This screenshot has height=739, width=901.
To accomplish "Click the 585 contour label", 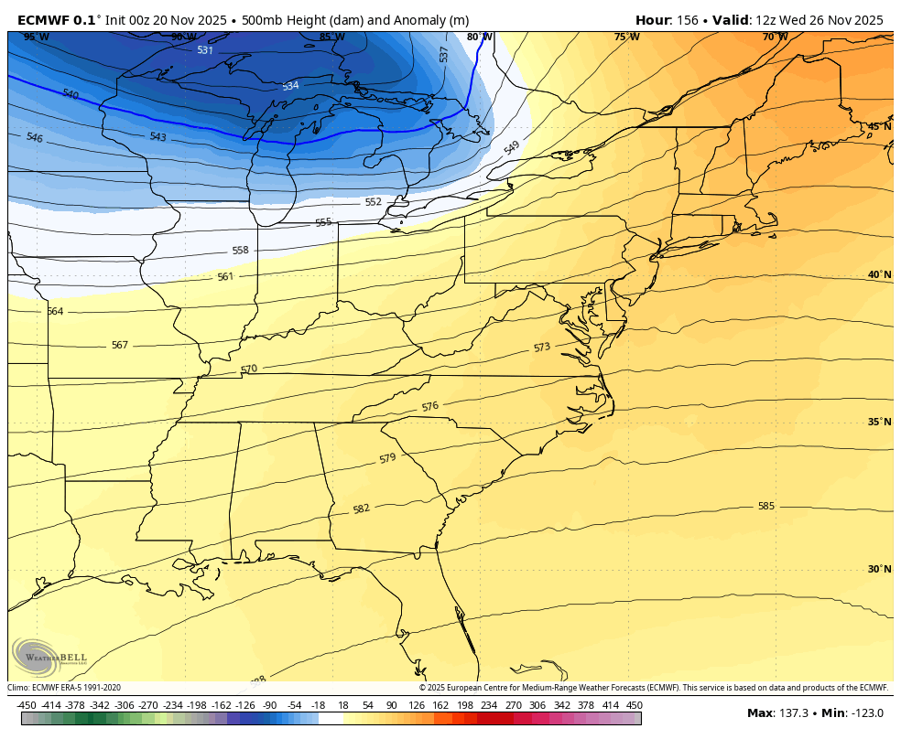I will (x=765, y=506).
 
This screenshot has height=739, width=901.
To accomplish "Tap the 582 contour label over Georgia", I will (x=361, y=509).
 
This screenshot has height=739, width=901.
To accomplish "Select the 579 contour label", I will (x=387, y=457).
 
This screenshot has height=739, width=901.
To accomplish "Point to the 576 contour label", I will (x=430, y=406).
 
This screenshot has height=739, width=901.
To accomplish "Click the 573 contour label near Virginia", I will (x=542, y=348).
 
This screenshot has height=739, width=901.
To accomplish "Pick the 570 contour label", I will (x=249, y=369).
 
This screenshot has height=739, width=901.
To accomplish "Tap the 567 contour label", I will (x=120, y=345).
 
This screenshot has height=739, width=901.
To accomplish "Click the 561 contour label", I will (x=225, y=276).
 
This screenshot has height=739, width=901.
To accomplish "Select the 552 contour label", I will (x=373, y=202).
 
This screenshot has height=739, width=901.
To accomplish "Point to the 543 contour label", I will (x=157, y=136).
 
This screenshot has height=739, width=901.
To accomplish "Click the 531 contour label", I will (x=205, y=50).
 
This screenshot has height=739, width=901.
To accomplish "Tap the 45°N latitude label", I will (x=879, y=127).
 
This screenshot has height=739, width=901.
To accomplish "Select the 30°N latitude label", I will (x=879, y=569).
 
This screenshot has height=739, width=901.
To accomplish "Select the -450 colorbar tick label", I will (x=27, y=705).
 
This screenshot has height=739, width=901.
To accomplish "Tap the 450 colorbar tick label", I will (x=634, y=705).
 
